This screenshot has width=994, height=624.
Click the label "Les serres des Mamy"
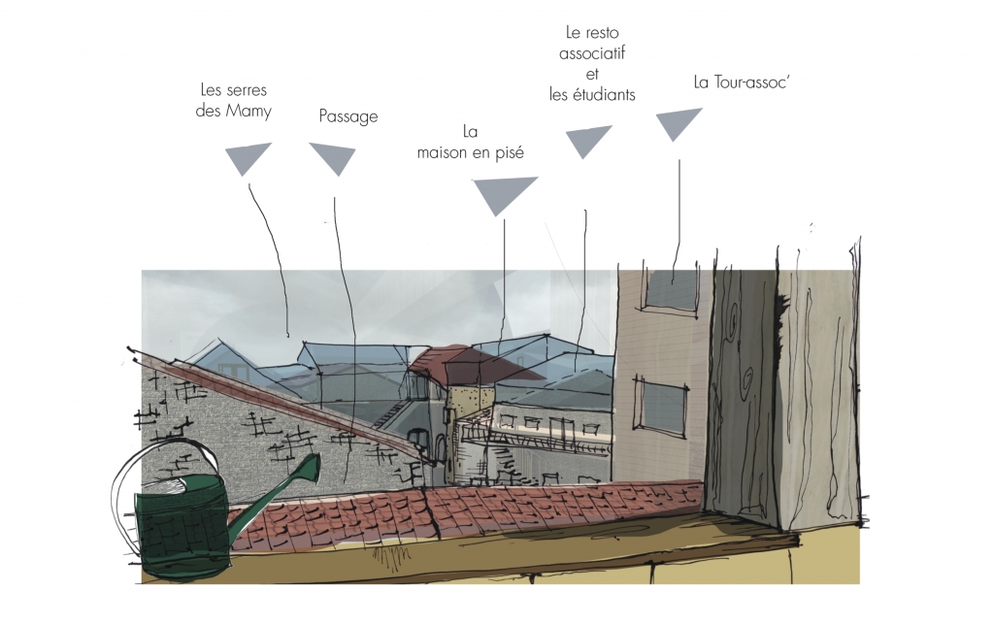point(233,100)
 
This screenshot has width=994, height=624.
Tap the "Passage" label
point(348,116)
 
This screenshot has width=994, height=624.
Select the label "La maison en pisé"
point(471,143)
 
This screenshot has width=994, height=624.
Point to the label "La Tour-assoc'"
point(742,82)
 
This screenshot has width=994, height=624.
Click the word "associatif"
point(592,53)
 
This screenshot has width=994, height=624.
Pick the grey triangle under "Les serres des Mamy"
point(248,158)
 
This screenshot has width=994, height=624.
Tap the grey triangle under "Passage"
point(333,158)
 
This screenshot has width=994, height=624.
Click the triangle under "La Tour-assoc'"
point(678,123)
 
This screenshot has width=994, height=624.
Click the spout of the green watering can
point(279,489)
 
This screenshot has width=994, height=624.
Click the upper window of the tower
point(672,289)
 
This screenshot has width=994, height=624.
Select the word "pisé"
point(510,152)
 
